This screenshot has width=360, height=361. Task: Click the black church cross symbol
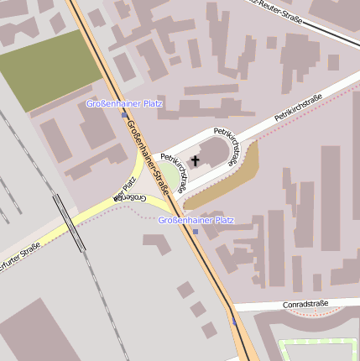click(x=196, y=160)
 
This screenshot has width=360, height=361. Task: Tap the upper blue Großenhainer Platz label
click(x=124, y=104)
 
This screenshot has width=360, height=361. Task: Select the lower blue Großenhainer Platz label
click(x=196, y=220)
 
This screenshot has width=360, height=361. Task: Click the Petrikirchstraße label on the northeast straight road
click(x=298, y=110)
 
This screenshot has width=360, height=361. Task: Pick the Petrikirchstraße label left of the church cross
click(x=173, y=172)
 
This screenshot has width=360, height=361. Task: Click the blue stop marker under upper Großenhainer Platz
click(x=124, y=114)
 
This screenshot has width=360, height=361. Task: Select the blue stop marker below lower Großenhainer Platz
click(x=196, y=231)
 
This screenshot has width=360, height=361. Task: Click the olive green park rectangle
click(x=51, y=72)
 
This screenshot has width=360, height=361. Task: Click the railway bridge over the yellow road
click(x=69, y=223)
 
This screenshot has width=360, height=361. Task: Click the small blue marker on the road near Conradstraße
click(x=233, y=321)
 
